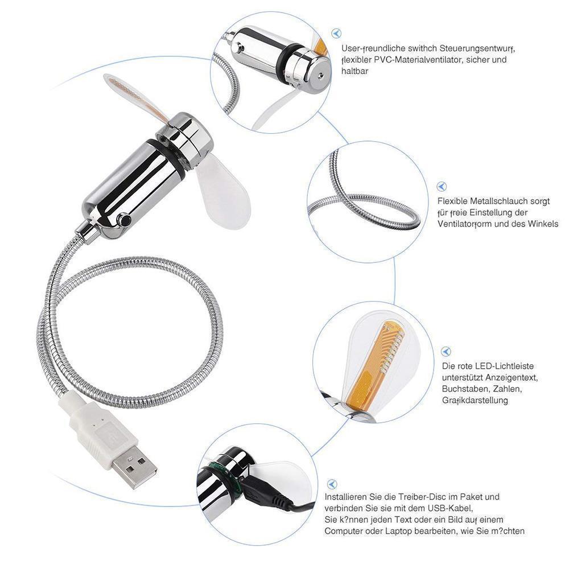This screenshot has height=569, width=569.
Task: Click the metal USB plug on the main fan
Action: (135, 465)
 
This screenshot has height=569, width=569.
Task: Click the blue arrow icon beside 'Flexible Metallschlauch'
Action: (442, 187)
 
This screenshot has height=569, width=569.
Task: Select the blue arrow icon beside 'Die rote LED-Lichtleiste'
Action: (446, 352)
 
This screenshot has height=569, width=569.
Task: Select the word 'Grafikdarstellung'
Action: (475, 401)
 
